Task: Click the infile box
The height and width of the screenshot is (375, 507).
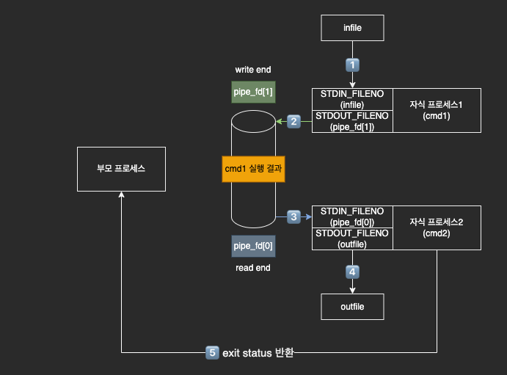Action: coord(353,29)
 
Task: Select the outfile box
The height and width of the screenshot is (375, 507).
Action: coord(353,306)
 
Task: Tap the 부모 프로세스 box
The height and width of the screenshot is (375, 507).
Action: coord(121,169)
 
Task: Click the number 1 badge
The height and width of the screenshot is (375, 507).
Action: coord(353,65)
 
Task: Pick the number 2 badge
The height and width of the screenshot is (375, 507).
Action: coord(294,121)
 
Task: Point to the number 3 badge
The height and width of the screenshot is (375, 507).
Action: coord(294,216)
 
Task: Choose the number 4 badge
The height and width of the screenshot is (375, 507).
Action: coord(353,272)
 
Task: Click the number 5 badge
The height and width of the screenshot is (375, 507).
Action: coord(212,353)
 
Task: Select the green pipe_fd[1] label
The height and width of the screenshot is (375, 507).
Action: coord(253,91)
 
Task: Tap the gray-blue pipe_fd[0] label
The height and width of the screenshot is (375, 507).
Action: coord(253,246)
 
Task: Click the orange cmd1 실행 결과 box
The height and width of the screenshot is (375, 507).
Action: coord(253,169)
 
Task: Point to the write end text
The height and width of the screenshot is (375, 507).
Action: coord(253,70)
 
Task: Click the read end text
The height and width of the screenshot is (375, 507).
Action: coord(253,268)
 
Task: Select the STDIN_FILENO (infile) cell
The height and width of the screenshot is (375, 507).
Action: coord(353,99)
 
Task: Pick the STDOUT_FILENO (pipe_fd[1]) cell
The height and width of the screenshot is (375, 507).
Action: coord(353,121)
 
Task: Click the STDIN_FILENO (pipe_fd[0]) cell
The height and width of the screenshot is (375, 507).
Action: coord(353,216)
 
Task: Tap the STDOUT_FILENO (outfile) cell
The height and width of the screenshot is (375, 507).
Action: coord(353,239)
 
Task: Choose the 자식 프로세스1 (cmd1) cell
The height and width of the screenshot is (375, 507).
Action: coord(437,110)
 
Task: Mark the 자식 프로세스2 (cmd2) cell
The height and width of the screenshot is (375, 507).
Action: coord(437,227)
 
